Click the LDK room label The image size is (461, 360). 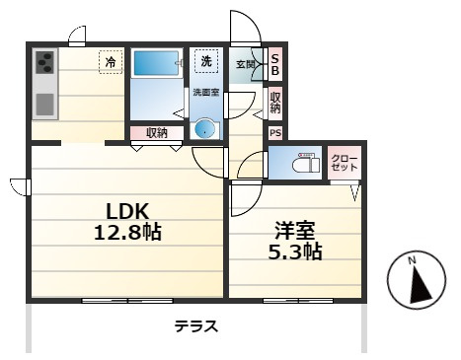point(127,211)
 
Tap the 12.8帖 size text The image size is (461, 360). point(127,232)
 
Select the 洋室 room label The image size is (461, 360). point(295,231)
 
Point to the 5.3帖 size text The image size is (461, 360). point(295,252)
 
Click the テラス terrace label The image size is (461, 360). point(196,326)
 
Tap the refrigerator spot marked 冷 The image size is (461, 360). point(111,62)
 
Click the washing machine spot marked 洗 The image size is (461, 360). point(206,61)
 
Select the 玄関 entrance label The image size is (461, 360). point(246,64)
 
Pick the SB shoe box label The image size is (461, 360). point(275,64)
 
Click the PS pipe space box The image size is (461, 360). point(275,133)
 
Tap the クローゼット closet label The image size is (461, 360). point(345,163)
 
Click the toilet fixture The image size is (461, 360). point(306,163)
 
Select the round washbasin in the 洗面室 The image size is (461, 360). point(204,129)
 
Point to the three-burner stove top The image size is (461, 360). point(44,62)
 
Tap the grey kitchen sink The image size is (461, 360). point(44,105)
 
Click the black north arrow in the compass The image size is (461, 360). point(420,285)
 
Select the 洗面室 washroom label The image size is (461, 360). point(206,93)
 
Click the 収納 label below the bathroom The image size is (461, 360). point(157,133)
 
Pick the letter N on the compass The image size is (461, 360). point(412,261)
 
